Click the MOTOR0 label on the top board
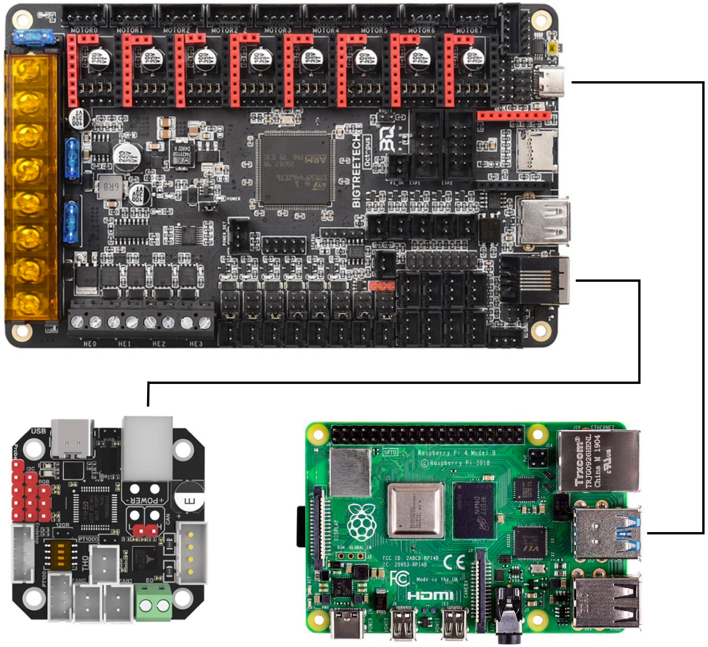click(x=84, y=30)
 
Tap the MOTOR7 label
click(x=468, y=30)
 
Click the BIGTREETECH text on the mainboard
click(x=357, y=169)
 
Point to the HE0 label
click(x=90, y=344)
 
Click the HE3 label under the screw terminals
click(x=196, y=344)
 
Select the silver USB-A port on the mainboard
click(x=543, y=221)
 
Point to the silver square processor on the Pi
click(x=416, y=510)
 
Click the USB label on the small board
click(x=38, y=431)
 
